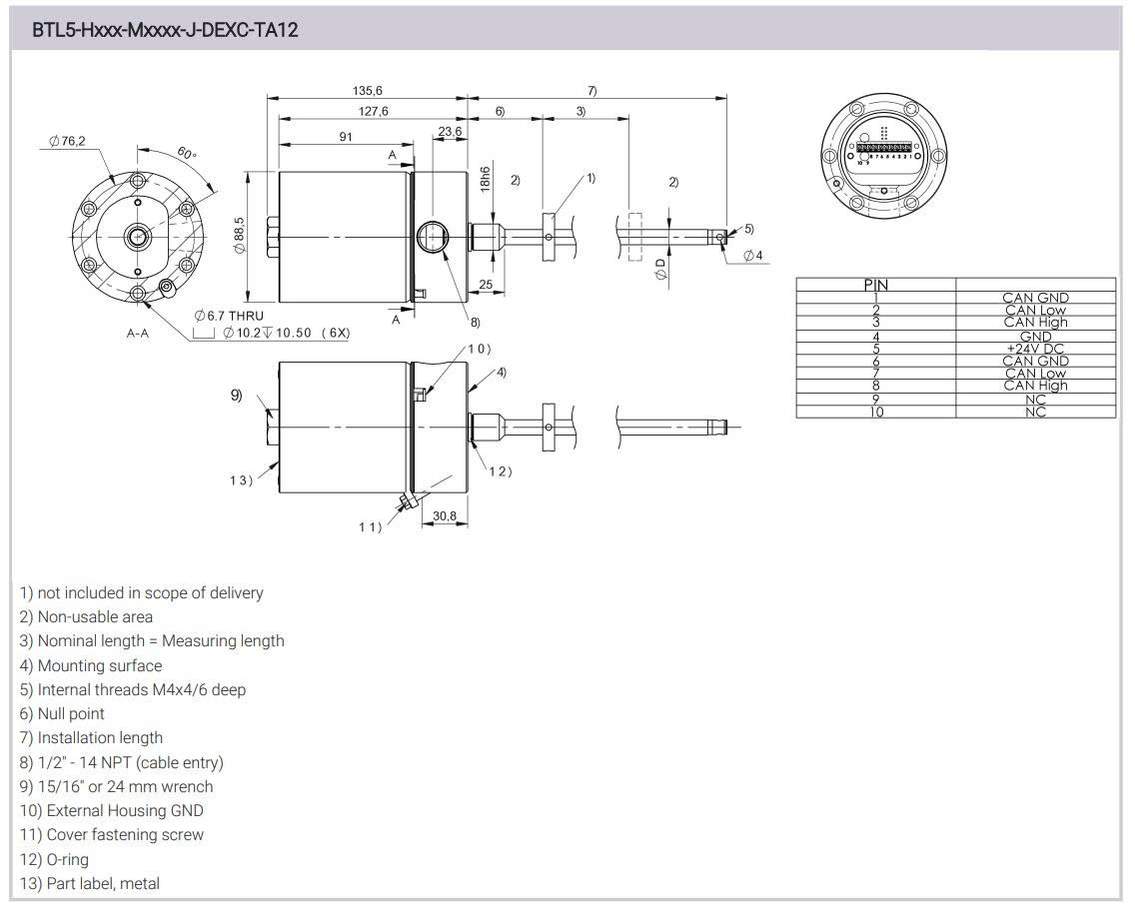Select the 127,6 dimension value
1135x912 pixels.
click(x=373, y=111)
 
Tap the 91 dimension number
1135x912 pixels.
click(x=345, y=137)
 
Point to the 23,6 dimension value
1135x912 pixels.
click(x=450, y=132)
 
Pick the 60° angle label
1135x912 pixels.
click(x=187, y=154)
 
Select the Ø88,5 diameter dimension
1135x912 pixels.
click(x=240, y=236)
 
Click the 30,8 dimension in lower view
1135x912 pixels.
click(x=445, y=515)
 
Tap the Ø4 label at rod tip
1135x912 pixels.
click(x=752, y=256)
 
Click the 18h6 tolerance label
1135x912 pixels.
click(x=485, y=179)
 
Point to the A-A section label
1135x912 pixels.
click(x=137, y=333)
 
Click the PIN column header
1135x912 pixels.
click(x=875, y=285)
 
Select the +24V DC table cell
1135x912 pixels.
click(x=1035, y=349)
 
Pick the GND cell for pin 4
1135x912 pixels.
click(x=1035, y=337)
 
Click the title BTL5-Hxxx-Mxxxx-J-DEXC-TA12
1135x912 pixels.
click(x=165, y=30)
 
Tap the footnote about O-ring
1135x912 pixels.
click(x=54, y=859)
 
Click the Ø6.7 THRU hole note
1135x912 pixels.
click(x=230, y=316)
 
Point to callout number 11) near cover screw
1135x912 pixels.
click(x=370, y=526)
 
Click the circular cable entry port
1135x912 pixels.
click(x=432, y=236)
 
